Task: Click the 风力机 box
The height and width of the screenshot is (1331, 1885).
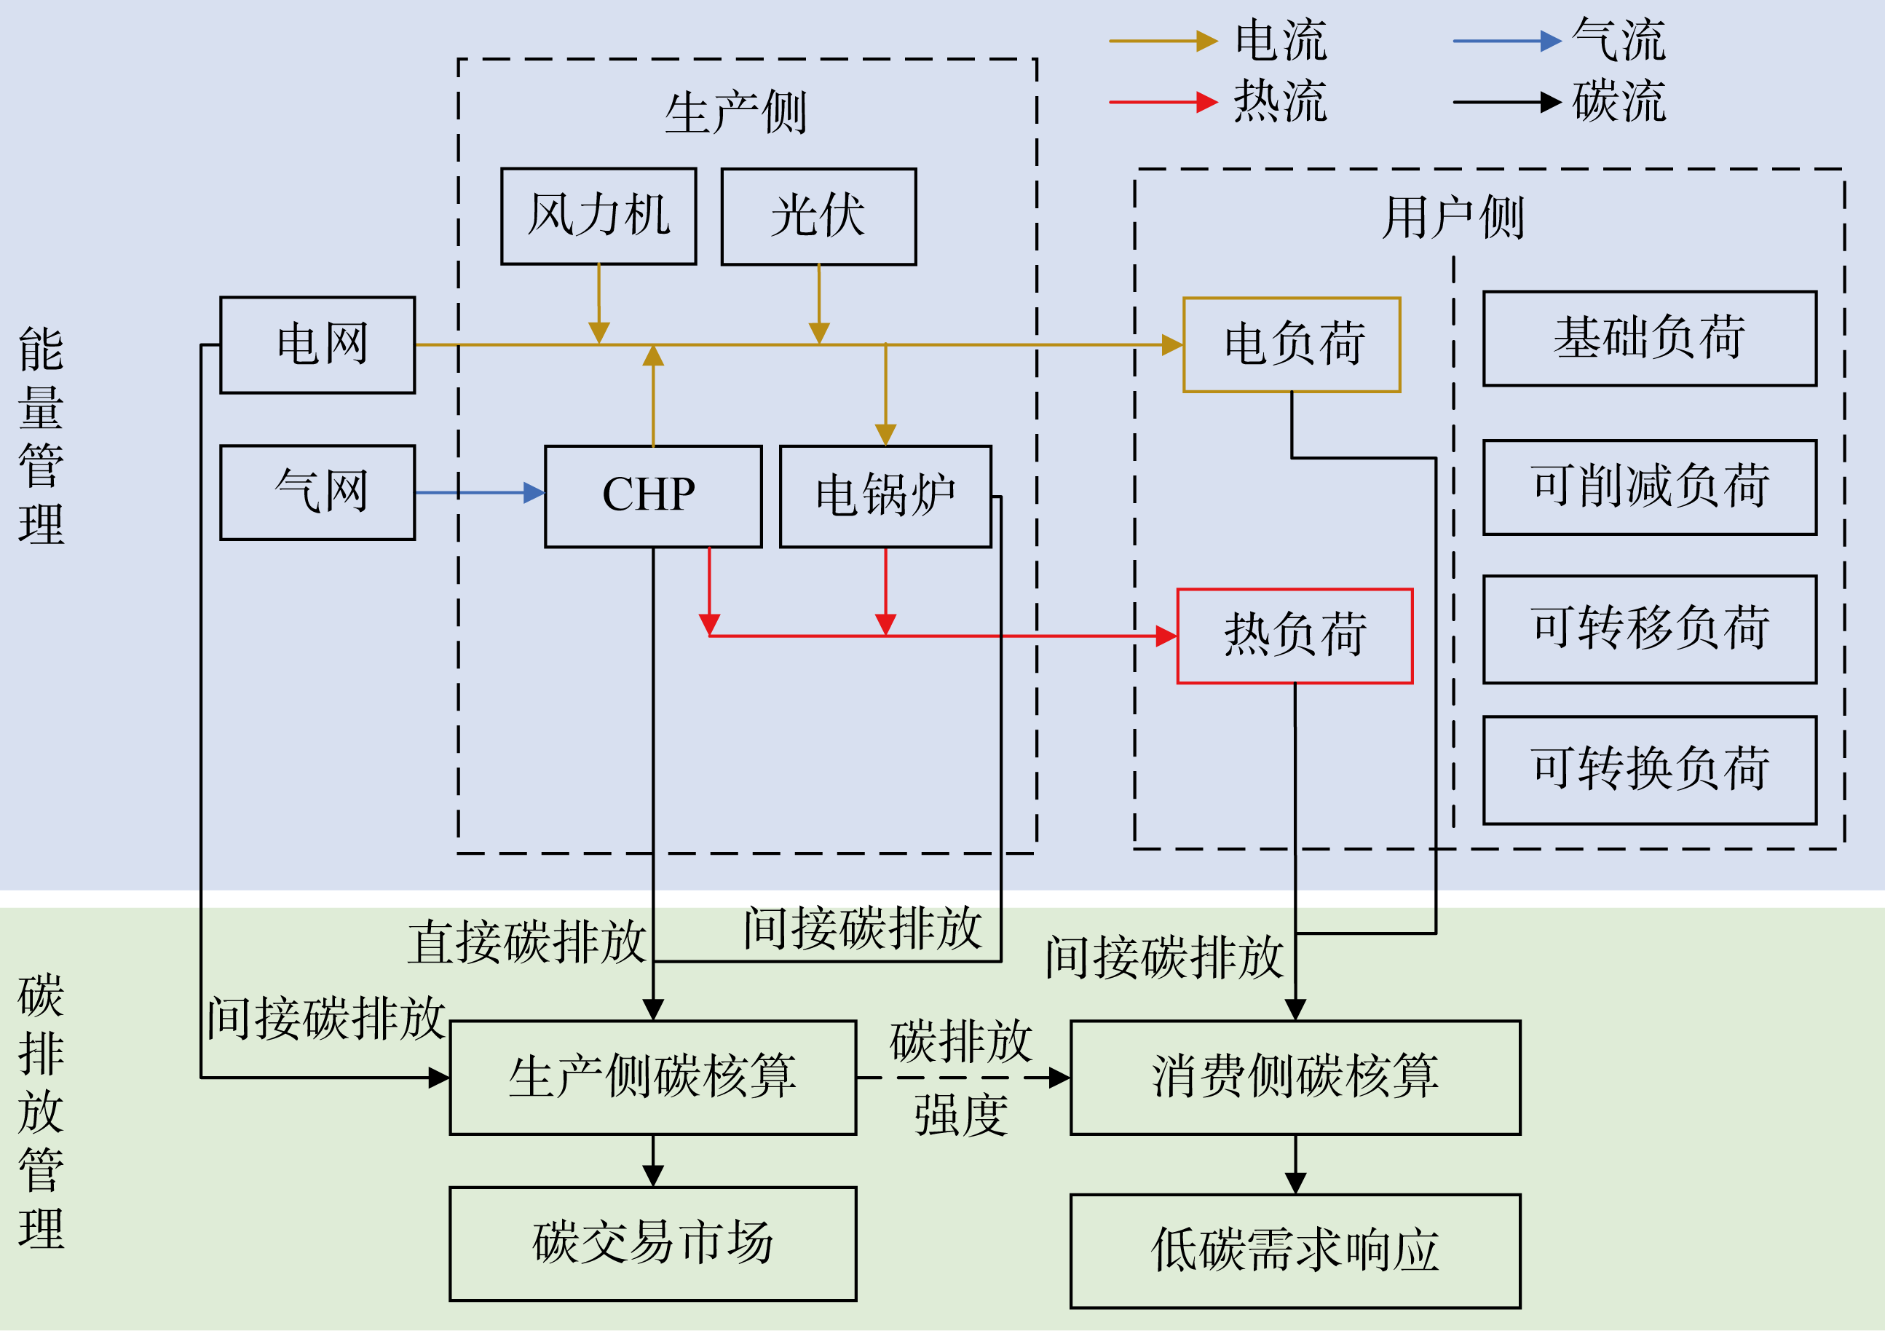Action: (598, 216)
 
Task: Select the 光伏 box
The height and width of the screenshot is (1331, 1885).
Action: (818, 217)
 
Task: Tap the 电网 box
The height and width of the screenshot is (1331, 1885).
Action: (317, 345)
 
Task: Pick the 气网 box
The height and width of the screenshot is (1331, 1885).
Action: (317, 493)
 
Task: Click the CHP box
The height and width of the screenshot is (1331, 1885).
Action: (652, 496)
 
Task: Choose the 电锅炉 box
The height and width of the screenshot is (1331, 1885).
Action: (885, 496)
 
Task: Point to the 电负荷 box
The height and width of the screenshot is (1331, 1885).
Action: (1292, 345)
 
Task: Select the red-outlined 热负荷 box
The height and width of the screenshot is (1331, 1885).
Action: (1295, 636)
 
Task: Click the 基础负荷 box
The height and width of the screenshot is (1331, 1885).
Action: (1649, 339)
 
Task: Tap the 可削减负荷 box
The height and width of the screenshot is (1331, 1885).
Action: (1649, 487)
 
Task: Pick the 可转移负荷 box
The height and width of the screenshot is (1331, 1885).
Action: (1649, 629)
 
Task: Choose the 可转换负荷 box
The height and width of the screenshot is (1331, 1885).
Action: (1649, 770)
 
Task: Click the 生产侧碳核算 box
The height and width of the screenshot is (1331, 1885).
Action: (652, 1078)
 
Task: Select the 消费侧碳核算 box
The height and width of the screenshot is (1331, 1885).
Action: (1295, 1078)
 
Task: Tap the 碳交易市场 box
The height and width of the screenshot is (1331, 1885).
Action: (652, 1243)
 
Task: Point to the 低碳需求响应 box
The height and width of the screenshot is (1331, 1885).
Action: (1295, 1250)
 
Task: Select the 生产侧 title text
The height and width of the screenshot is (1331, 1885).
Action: (735, 112)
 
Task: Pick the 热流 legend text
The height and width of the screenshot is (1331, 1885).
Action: (1280, 102)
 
